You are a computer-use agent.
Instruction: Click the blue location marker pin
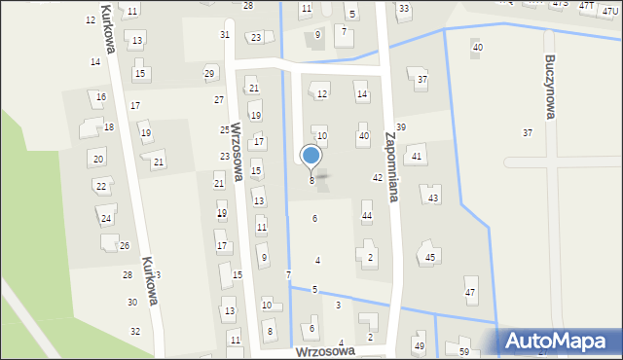click(x=311, y=156)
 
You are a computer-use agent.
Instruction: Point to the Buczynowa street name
click(x=551, y=87)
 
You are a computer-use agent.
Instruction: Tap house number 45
click(x=430, y=258)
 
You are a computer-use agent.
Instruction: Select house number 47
click(x=470, y=293)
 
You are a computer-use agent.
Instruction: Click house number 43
click(x=433, y=198)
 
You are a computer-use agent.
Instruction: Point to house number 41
click(x=417, y=157)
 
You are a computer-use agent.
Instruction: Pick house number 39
click(x=401, y=127)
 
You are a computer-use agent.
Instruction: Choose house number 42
click(x=378, y=177)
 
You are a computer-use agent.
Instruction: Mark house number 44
click(x=367, y=215)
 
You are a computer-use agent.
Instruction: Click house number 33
click(x=404, y=9)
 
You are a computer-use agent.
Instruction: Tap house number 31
click(x=225, y=34)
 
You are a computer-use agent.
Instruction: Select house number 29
click(x=209, y=74)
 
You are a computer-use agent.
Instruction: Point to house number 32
click(x=135, y=332)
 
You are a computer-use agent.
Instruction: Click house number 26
click(x=125, y=246)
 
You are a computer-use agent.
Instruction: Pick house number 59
click(x=464, y=351)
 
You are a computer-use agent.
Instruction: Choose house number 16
click(x=101, y=97)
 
